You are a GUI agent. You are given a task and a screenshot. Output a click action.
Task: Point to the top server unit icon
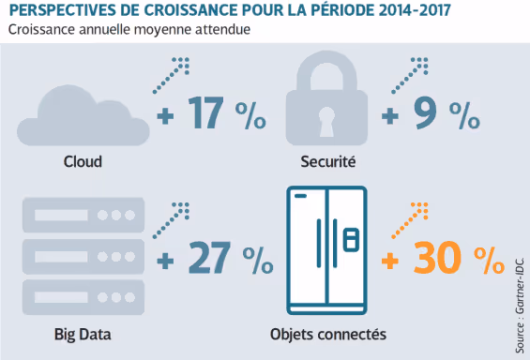pos(83,214)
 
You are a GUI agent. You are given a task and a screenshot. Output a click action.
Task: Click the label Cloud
pos(83,161)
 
